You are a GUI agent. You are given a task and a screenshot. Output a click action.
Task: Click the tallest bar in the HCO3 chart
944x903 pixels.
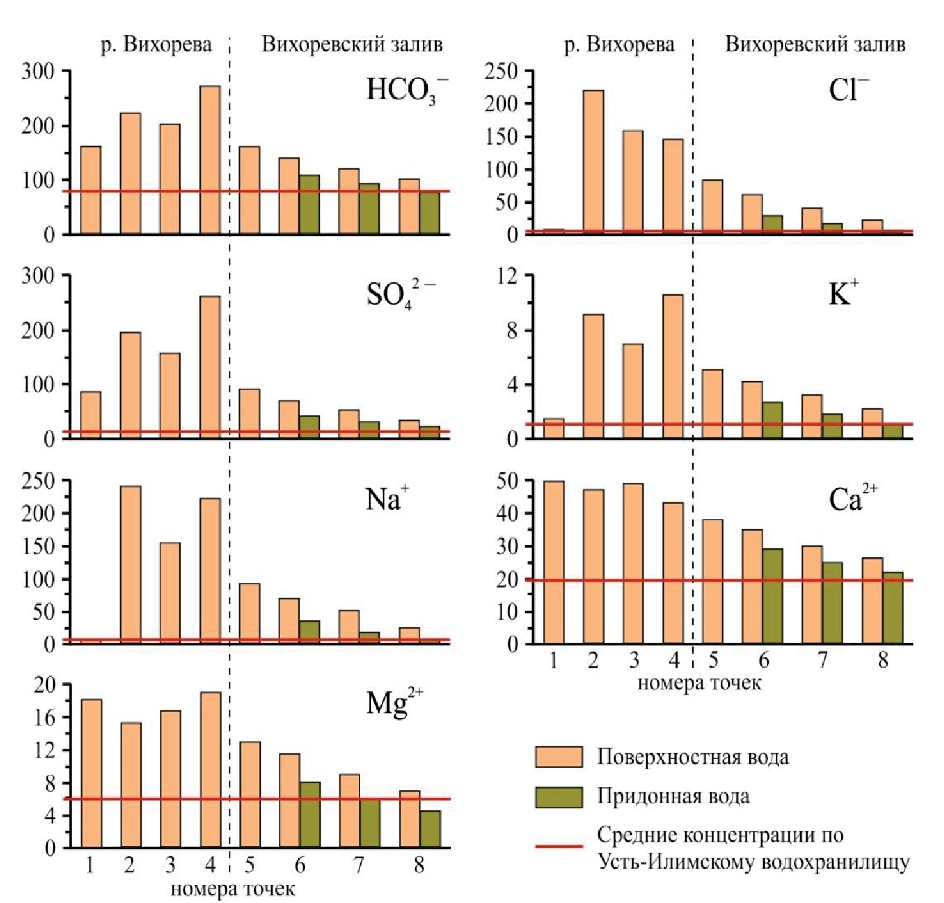pyautogui.click(x=210, y=160)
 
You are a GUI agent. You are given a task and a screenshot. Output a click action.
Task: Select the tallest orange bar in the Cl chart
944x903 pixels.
pyautogui.click(x=593, y=161)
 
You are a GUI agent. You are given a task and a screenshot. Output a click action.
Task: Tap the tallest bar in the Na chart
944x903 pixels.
pyautogui.click(x=131, y=564)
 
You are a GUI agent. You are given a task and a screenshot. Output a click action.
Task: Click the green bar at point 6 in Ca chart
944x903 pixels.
pyautogui.click(x=773, y=596)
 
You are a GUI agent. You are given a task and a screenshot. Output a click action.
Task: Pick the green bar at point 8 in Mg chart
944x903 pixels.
pyautogui.click(x=430, y=829)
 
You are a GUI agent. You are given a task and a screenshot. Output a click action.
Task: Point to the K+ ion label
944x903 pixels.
pyautogui.click(x=843, y=295)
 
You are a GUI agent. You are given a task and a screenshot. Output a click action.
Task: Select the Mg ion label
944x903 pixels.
pyautogui.click(x=394, y=703)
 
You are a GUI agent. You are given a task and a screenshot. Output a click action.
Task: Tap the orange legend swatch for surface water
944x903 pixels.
pyautogui.click(x=559, y=757)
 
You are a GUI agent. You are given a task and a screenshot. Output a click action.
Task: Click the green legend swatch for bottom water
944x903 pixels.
pyautogui.click(x=559, y=797)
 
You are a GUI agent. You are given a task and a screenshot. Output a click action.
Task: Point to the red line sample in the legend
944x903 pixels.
pyautogui.click(x=559, y=846)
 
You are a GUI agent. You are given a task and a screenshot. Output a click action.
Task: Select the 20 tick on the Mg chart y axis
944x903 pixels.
pyautogui.click(x=45, y=685)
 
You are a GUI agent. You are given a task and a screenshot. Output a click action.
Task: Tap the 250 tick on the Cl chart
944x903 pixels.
pyautogui.click(x=502, y=72)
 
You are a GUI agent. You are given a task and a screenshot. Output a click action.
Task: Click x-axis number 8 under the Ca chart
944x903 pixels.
pyautogui.click(x=883, y=660)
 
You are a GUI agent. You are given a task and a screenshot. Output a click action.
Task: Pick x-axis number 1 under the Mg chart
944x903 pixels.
pyautogui.click(x=90, y=866)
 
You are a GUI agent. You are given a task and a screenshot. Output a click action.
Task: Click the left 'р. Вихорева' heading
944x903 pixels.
pyautogui.click(x=156, y=45)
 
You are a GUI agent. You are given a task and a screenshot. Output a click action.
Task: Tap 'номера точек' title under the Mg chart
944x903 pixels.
pyautogui.click(x=233, y=889)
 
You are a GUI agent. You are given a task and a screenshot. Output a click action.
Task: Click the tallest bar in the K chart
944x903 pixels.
pyautogui.click(x=672, y=366)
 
